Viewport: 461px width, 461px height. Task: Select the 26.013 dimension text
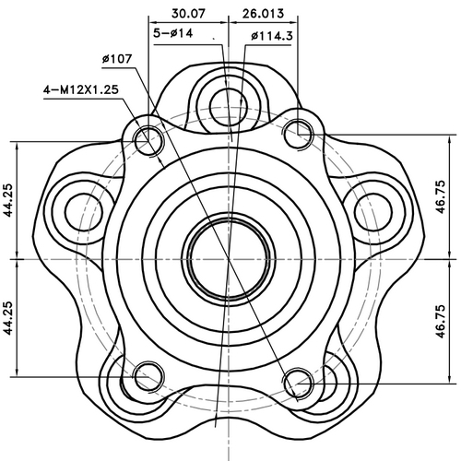tap(263, 13)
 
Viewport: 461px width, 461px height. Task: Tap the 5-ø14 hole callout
tap(174, 34)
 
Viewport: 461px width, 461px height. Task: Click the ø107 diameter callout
tap(118, 60)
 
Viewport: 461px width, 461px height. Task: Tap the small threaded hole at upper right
tap(297, 135)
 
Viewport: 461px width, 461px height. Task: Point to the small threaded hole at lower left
tap(148, 376)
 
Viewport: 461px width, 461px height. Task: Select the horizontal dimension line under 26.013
tap(262, 23)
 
